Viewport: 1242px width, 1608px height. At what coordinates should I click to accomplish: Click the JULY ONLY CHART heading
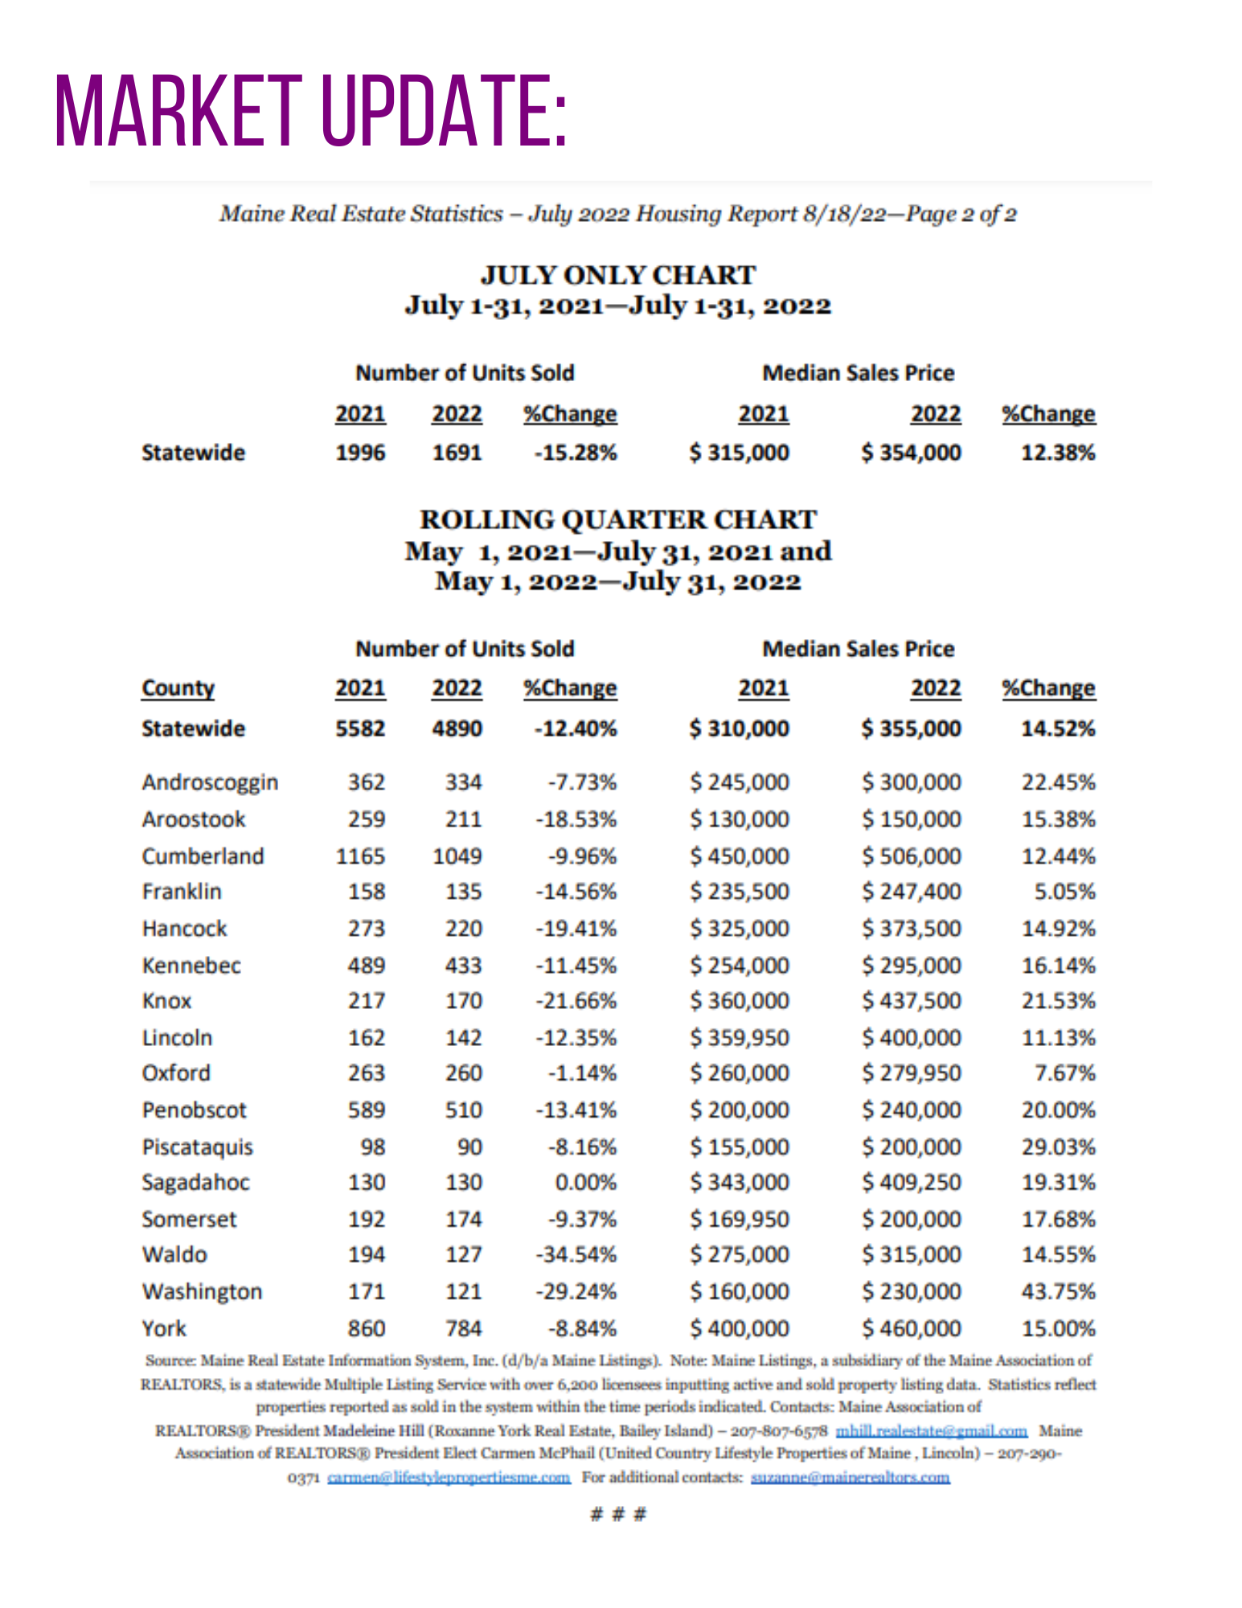pos(617,276)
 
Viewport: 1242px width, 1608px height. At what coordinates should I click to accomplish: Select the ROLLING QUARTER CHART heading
pos(617,520)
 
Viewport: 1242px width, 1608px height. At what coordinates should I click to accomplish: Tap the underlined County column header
pos(178,688)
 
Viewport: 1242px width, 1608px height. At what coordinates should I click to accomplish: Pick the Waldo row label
pos(174,1254)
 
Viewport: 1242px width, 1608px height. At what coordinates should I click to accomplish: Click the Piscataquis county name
pos(197,1147)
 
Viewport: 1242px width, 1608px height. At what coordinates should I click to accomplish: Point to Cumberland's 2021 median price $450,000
pos(739,856)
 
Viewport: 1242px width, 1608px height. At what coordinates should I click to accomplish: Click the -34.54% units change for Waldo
pos(576,1254)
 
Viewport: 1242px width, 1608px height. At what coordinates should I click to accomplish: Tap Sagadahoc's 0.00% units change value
pos(585,1183)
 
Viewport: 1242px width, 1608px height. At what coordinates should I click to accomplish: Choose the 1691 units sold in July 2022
pos(457,453)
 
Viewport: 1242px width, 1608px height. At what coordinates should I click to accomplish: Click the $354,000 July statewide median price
pos(911,453)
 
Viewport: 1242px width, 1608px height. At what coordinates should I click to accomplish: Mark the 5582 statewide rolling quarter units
pos(360,728)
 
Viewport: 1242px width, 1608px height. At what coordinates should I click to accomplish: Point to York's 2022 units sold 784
pos(464,1328)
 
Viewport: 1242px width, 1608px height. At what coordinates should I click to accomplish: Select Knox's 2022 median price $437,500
pos(911,1001)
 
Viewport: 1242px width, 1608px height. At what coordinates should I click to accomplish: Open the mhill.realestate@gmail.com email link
pos(931,1431)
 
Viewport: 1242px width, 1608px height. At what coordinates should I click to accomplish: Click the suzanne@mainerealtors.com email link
pos(850,1478)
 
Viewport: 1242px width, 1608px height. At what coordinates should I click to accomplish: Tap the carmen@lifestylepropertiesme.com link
pos(449,1478)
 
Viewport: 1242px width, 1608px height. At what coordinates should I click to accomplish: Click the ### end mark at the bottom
pos(617,1515)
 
